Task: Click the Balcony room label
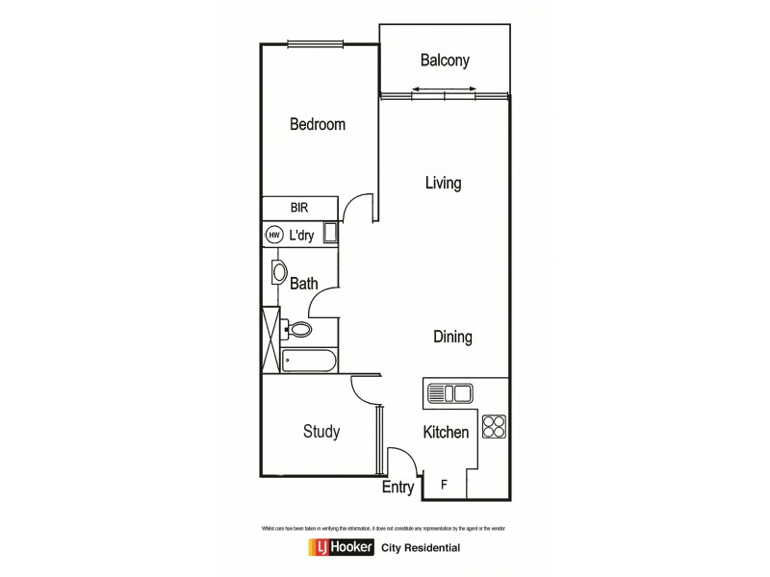pos(445,61)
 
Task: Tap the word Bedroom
pos(318,124)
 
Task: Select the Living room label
pos(444,183)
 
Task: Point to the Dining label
pos(451,337)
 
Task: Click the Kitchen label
pos(446,432)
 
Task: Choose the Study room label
pos(321,432)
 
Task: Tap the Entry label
pos(398,488)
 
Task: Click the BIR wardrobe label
pos(299,208)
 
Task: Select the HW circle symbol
pos(273,235)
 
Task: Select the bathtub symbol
pos(309,363)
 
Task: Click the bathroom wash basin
pos(279,272)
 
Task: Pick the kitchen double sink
pos(449,392)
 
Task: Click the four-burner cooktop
pos(494,425)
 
